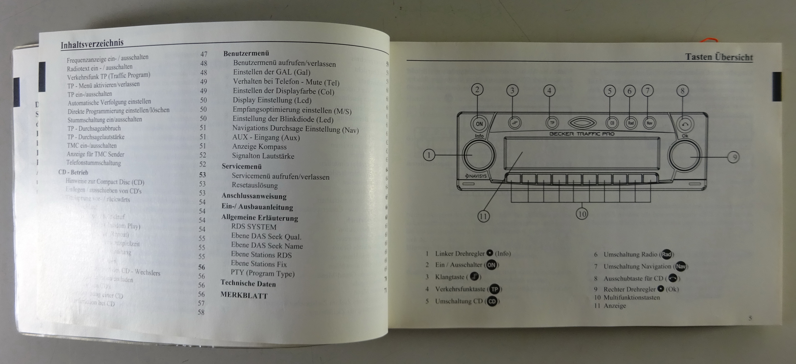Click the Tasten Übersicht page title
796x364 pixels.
coord(719,57)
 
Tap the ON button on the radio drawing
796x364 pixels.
coord(479,124)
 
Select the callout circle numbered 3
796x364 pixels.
coord(512,91)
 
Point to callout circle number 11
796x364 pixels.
coord(483,216)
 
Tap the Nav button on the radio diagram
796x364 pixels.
coord(649,123)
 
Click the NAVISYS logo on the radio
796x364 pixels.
coord(476,176)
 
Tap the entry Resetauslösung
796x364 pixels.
coord(255,185)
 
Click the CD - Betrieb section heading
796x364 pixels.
coord(73,172)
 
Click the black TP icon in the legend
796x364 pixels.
coord(495,289)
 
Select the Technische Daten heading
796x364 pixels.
coord(248,283)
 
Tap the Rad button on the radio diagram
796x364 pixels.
coord(630,123)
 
